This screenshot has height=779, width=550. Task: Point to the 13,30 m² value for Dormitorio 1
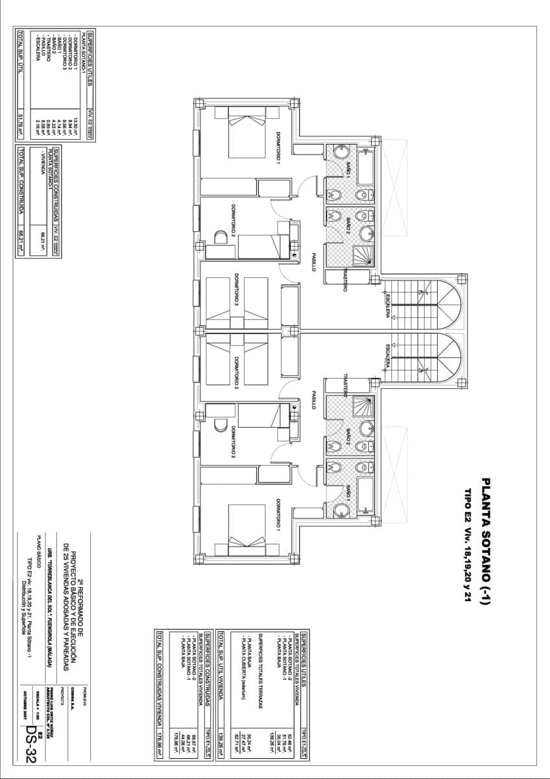(x=76, y=123)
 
